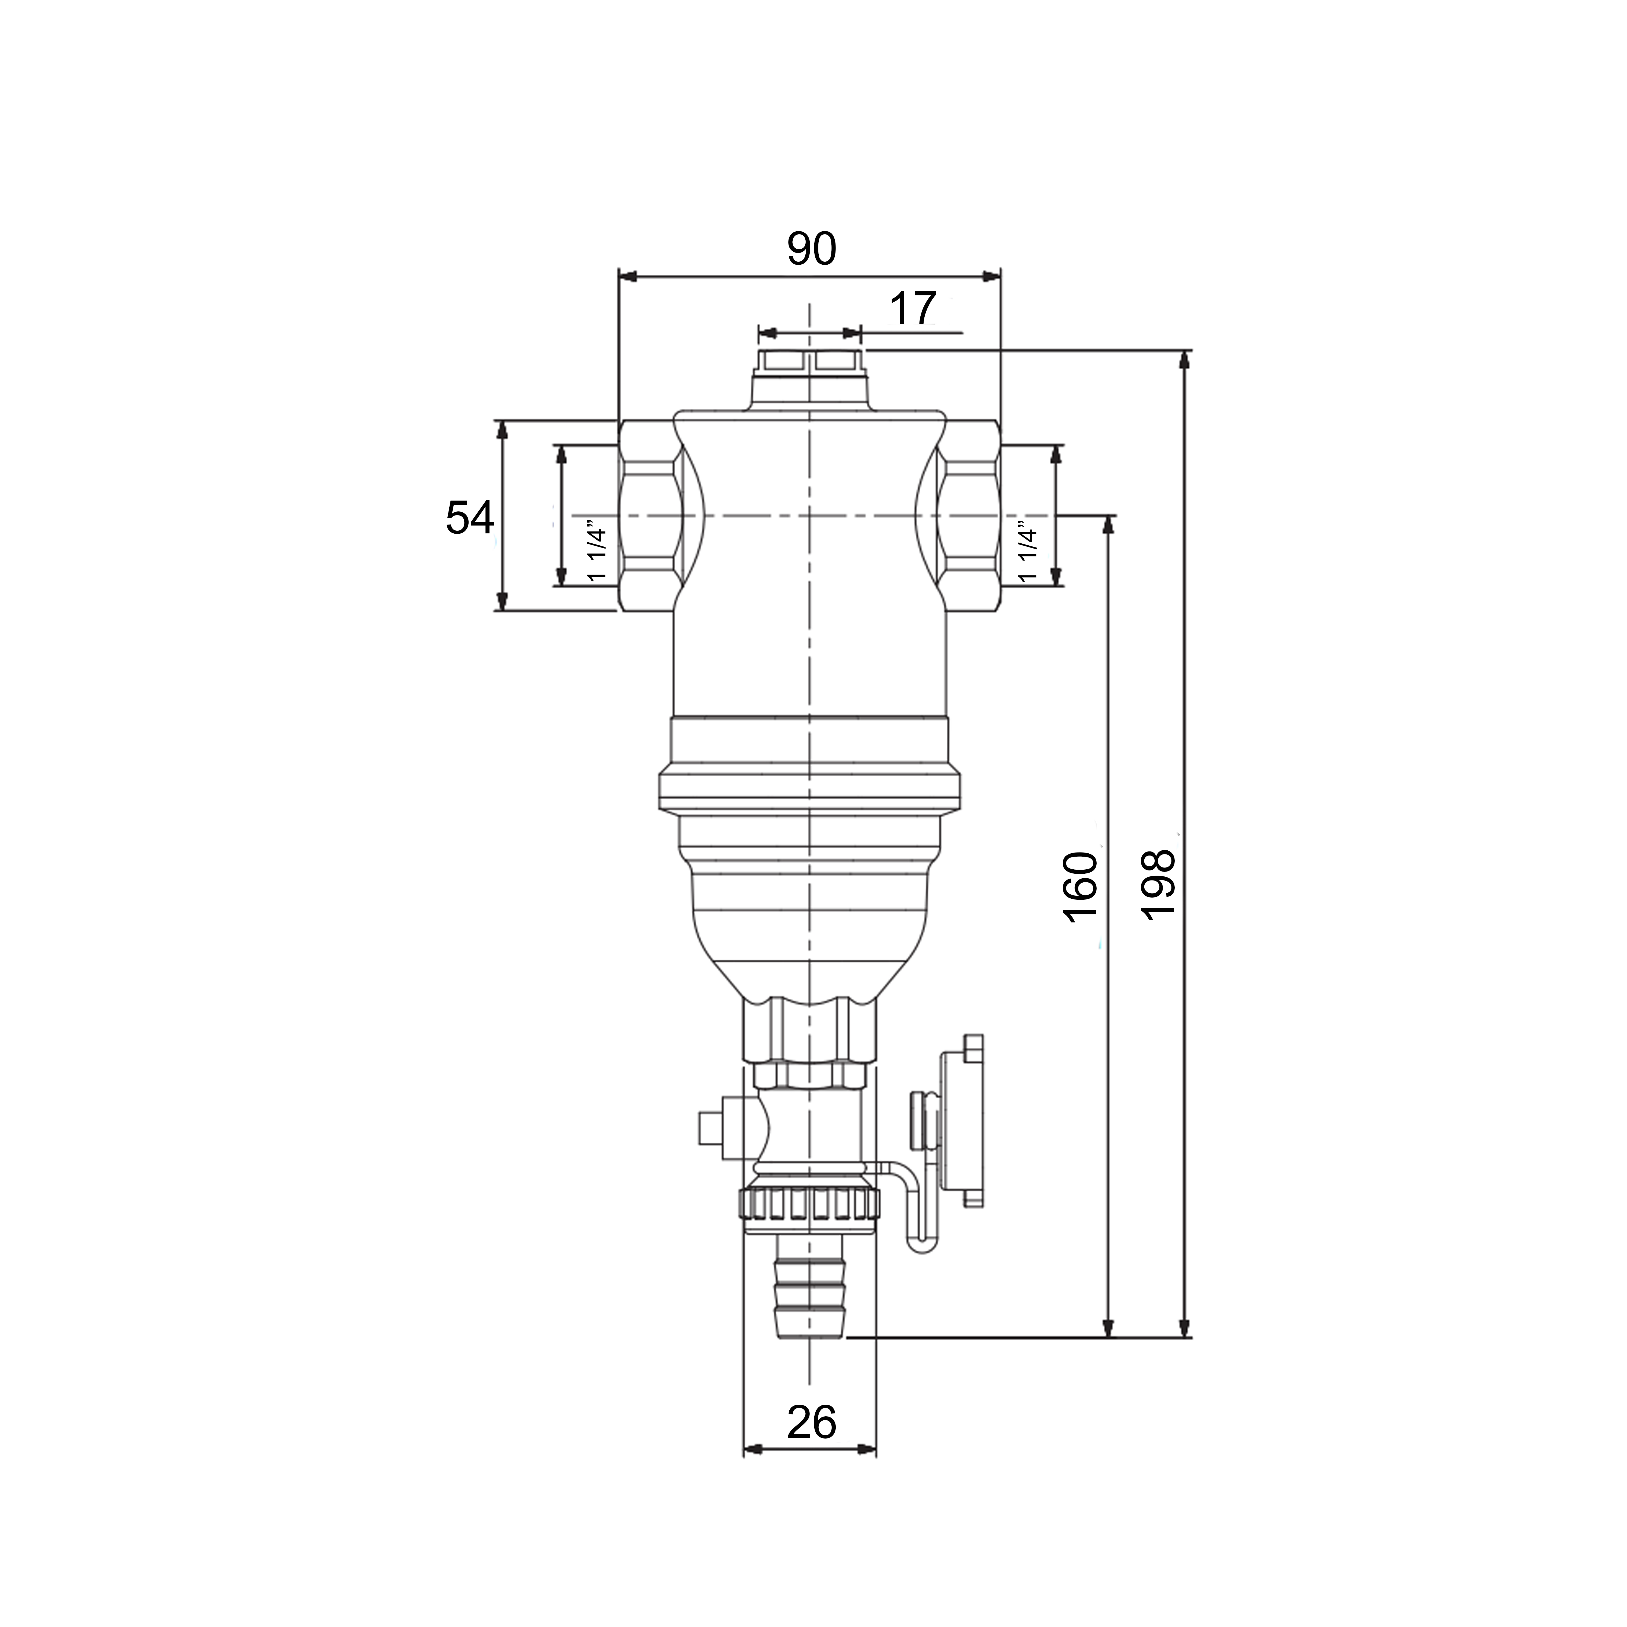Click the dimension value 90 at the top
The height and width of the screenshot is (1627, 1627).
click(812, 249)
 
